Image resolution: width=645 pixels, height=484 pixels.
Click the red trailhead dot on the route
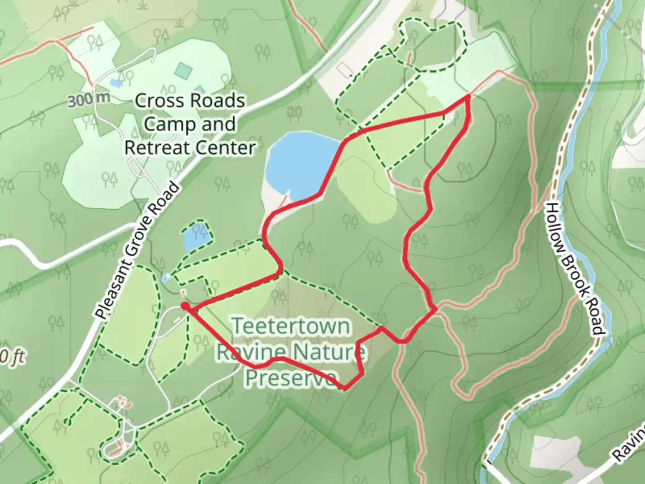[x=185, y=306]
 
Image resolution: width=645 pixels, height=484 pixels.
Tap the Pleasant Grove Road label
[x=138, y=251]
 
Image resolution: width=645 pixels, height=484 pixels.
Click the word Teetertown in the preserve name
[x=291, y=326]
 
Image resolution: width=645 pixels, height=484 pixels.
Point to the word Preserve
[x=291, y=378]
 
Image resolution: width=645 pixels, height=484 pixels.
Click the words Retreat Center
[x=190, y=147]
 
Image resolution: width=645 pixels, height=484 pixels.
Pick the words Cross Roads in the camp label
[x=190, y=101]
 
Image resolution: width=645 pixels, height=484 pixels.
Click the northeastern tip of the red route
[x=469, y=96]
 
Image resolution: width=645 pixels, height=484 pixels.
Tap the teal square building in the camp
[x=184, y=70]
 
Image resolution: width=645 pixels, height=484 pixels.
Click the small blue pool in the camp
[x=116, y=83]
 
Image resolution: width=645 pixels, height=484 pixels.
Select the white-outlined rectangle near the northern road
[x=344, y=69]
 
